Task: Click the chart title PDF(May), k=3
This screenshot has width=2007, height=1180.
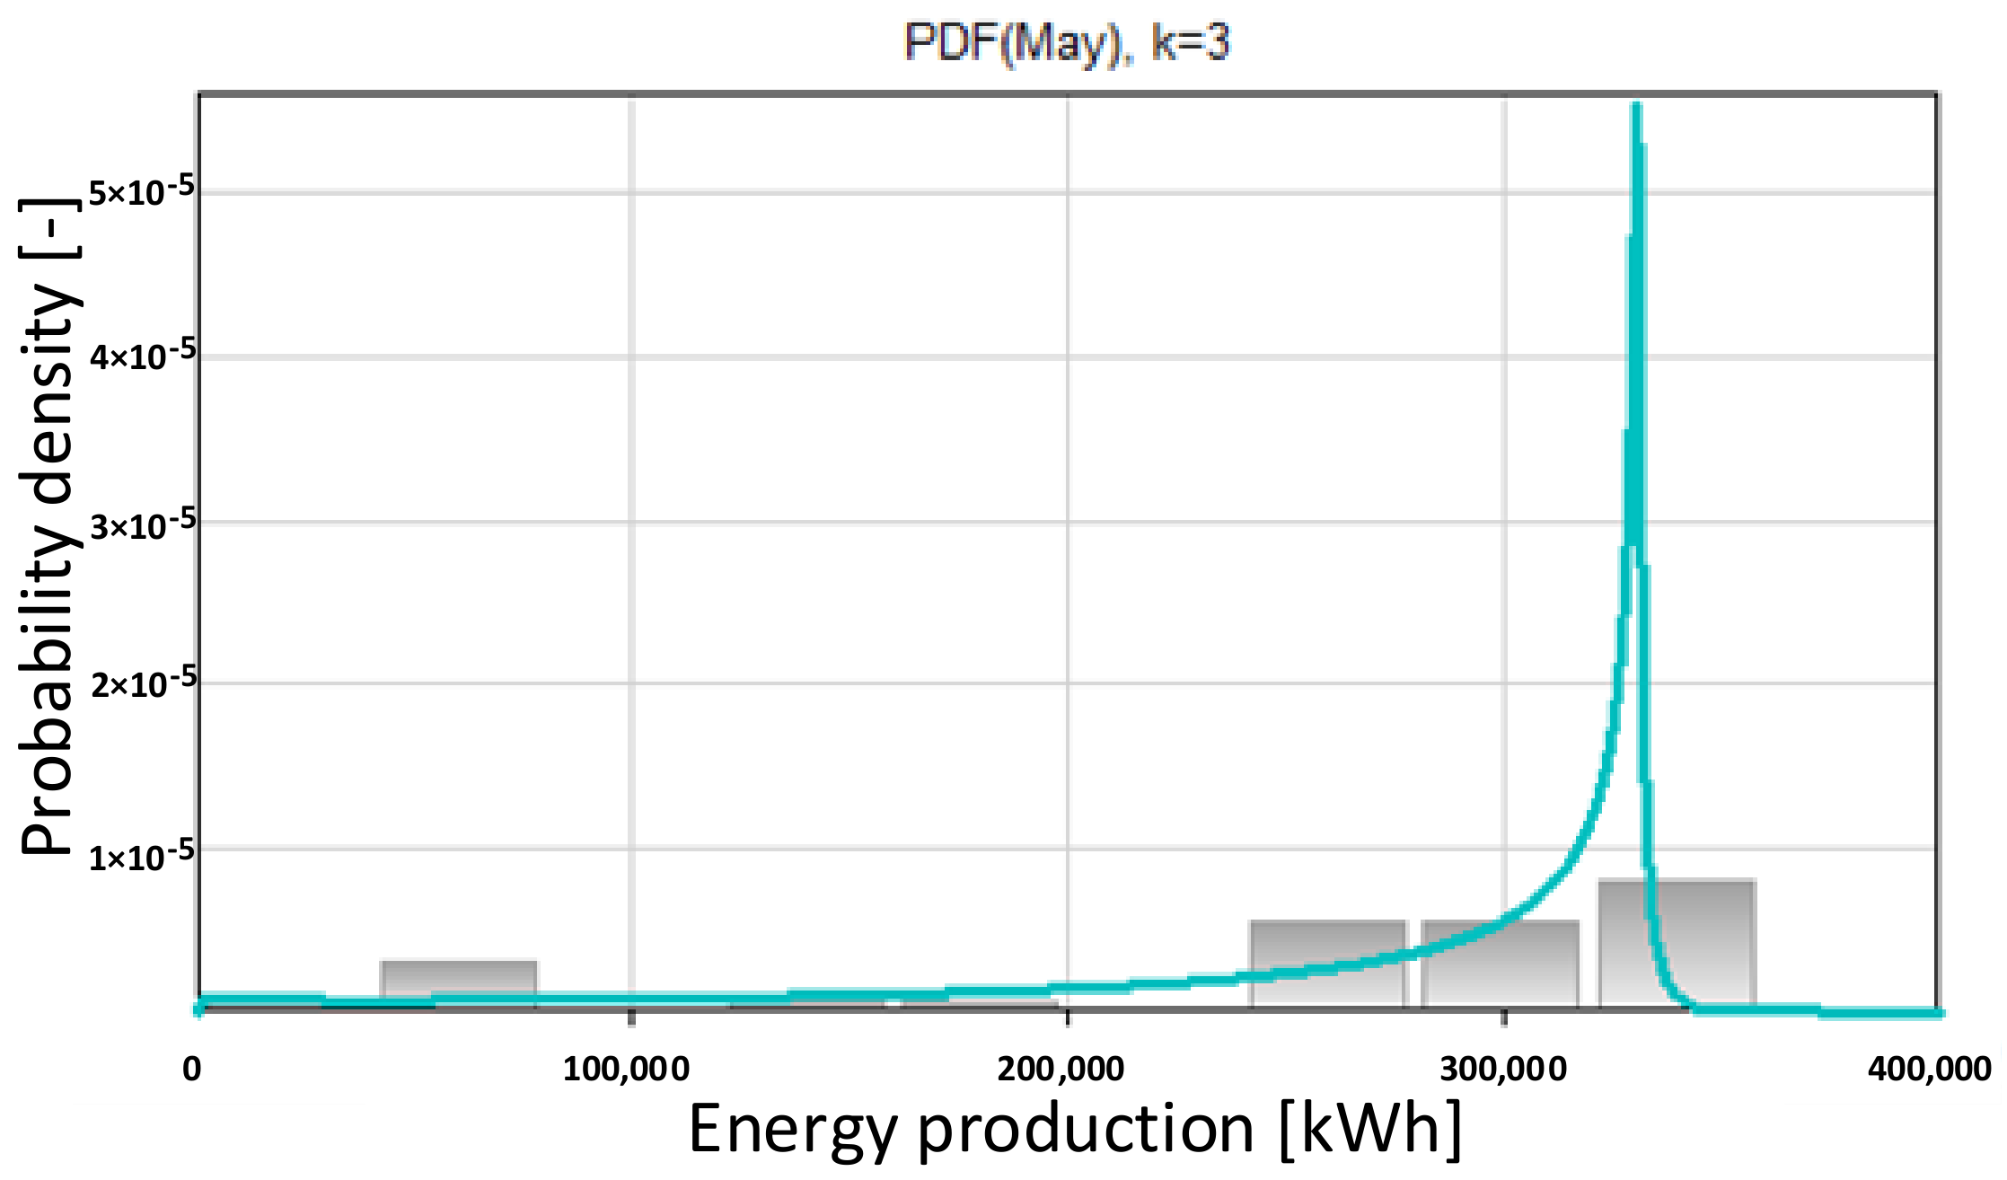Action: [1066, 42]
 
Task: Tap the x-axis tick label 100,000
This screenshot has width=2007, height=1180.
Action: [626, 1069]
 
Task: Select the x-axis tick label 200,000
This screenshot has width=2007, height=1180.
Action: [1061, 1069]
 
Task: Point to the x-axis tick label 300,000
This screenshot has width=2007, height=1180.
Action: [1503, 1069]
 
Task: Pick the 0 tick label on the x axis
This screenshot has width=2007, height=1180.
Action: [192, 1069]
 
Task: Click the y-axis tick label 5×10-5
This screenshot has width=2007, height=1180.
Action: [142, 191]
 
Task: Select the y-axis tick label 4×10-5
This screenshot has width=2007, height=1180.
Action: [142, 356]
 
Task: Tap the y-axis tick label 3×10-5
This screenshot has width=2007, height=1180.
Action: [142, 524]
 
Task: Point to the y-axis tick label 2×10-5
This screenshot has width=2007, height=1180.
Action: [142, 684]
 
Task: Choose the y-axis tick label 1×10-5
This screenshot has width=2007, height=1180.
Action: [142, 856]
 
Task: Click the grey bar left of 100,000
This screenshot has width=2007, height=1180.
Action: [459, 979]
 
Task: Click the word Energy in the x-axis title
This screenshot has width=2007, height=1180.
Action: [792, 1128]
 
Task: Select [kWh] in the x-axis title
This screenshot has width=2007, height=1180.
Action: [1370, 1128]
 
